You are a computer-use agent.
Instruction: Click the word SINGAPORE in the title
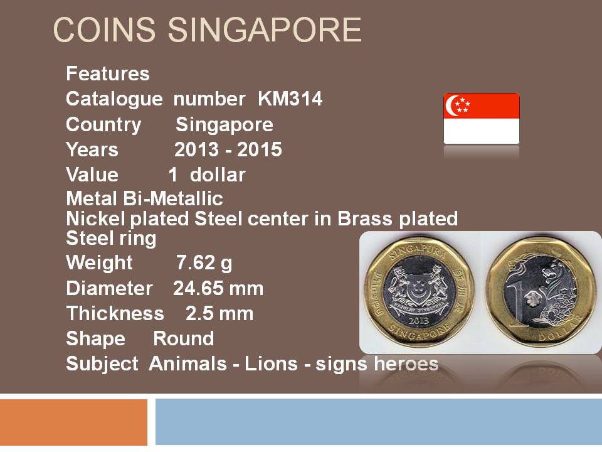click(x=265, y=30)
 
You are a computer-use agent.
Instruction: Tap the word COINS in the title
click(x=104, y=30)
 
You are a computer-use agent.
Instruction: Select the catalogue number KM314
click(x=290, y=99)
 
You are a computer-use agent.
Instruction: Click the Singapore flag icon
click(x=482, y=119)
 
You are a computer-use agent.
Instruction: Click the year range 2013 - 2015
click(x=228, y=149)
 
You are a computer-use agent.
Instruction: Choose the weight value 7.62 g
click(x=204, y=263)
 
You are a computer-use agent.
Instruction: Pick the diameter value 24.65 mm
click(x=218, y=288)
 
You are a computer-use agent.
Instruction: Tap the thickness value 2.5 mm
click(x=219, y=313)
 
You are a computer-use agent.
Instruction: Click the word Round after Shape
click(x=184, y=338)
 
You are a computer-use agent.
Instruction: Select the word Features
click(x=108, y=73)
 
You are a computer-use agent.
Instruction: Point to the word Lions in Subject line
click(x=271, y=363)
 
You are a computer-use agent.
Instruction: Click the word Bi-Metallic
click(x=173, y=198)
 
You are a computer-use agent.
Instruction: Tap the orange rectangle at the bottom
click(x=74, y=422)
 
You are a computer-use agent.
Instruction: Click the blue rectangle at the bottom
click(x=379, y=422)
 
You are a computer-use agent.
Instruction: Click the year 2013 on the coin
click(x=418, y=320)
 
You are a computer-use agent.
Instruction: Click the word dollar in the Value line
click(x=218, y=175)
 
